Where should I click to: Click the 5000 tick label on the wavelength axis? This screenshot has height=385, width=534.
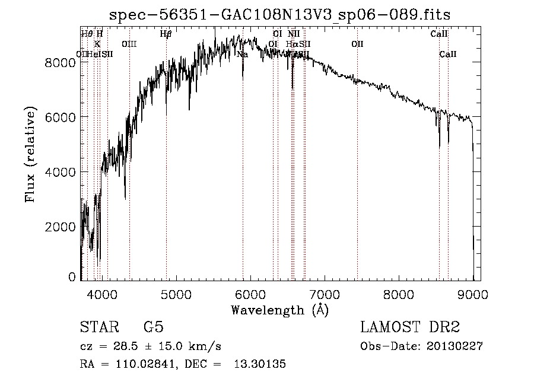pyautogui.click(x=176, y=294)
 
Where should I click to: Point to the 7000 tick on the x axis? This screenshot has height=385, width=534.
pyautogui.click(x=325, y=294)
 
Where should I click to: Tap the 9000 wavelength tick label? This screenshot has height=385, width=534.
pyautogui.click(x=473, y=294)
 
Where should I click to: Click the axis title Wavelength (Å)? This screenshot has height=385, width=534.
pyautogui.click(x=279, y=310)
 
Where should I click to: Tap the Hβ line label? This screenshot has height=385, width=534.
pyautogui.click(x=166, y=34)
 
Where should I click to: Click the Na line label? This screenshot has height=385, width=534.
pyautogui.click(x=242, y=55)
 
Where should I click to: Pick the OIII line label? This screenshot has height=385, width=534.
pyautogui.click(x=129, y=44)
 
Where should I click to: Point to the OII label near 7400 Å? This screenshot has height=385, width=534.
pyautogui.click(x=357, y=44)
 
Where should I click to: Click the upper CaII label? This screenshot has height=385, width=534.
pyautogui.click(x=439, y=34)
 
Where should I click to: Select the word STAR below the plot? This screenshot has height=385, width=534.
pyautogui.click(x=98, y=327)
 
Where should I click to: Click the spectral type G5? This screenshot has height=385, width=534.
pyautogui.click(x=153, y=327)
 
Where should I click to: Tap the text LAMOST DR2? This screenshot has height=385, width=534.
pyautogui.click(x=410, y=327)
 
